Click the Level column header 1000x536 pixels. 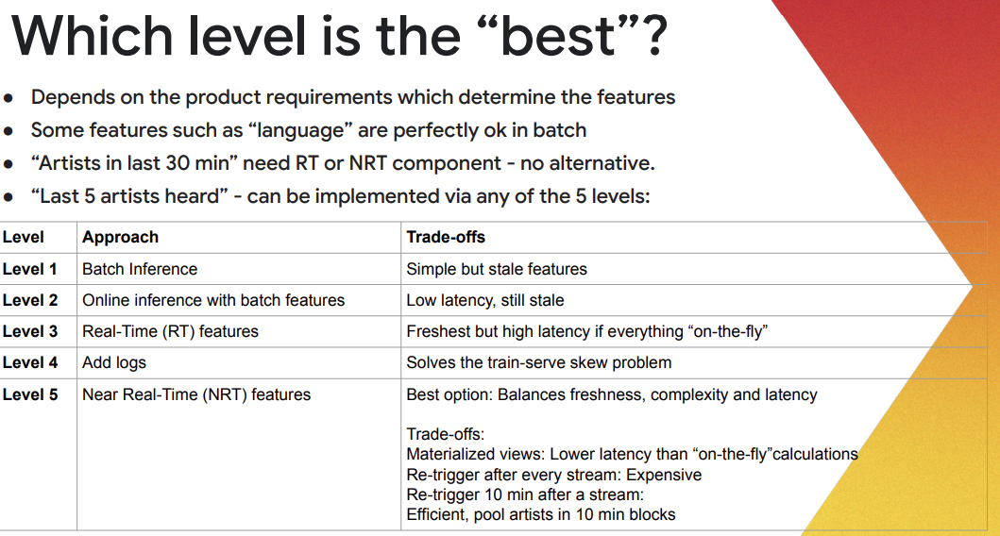(23, 237)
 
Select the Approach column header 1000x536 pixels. (120, 238)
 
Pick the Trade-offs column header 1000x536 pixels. (446, 237)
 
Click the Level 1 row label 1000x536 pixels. (30, 269)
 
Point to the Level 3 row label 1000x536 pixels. (30, 331)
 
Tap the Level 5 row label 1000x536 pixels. (30, 394)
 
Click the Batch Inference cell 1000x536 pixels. (140, 269)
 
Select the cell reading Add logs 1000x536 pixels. (114, 362)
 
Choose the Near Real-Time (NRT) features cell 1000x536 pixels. (196, 395)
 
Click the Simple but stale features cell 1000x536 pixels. (497, 269)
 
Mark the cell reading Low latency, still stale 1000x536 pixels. (485, 300)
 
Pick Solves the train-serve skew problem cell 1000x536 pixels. (539, 362)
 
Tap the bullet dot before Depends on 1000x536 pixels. (8, 98)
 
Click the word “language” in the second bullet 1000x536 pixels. (300, 130)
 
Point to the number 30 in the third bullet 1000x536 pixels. (178, 163)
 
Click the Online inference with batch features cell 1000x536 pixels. (213, 300)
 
